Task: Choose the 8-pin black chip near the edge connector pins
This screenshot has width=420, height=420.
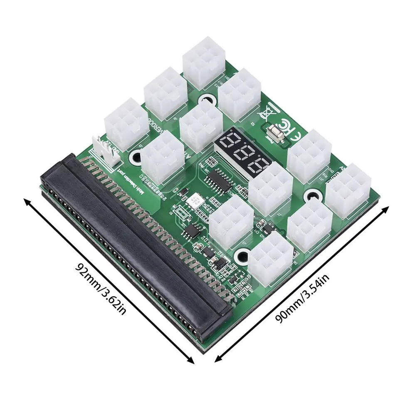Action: (x=193, y=230)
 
